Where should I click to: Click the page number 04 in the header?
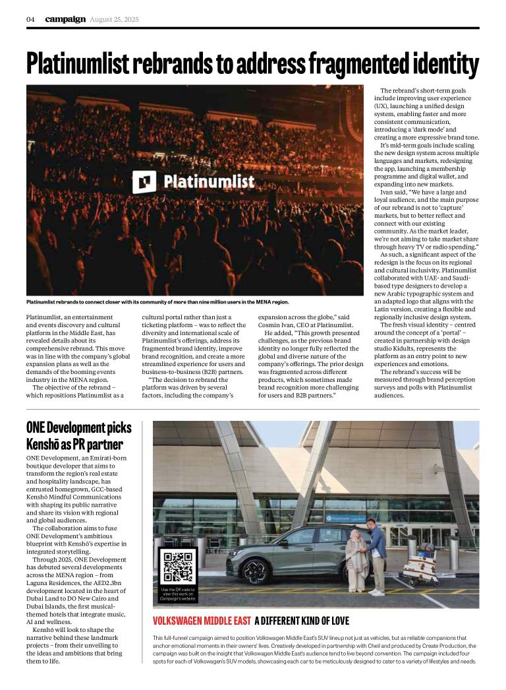pyautogui.click(x=30, y=19)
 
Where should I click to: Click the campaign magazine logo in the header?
pyautogui.click(x=65, y=19)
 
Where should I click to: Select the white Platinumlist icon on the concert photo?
pyautogui.click(x=144, y=181)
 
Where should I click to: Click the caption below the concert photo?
pyautogui.click(x=157, y=302)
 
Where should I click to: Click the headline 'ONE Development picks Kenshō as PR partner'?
pyautogui.click(x=79, y=435)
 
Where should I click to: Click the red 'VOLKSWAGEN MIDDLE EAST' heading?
pyautogui.click(x=201, y=621)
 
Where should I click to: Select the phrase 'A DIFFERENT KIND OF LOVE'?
pyautogui.click(x=301, y=621)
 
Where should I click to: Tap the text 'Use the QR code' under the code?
pyautogui.click(x=177, y=589)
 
